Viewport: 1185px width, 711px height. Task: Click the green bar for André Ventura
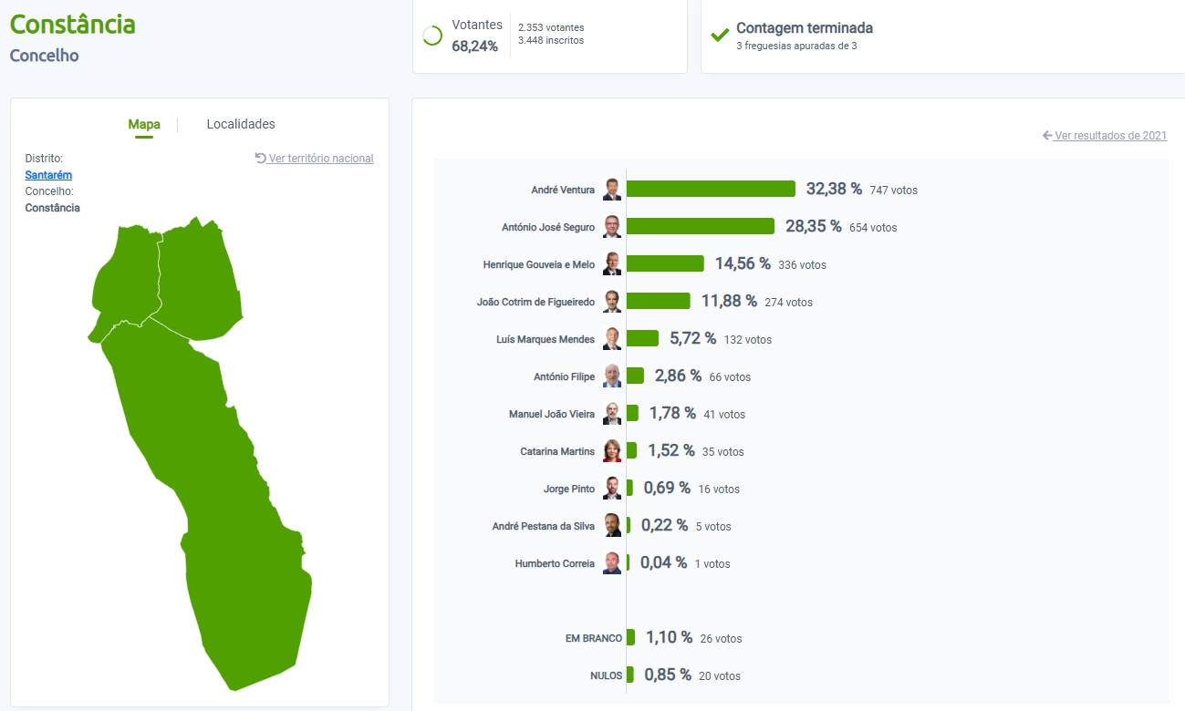click(x=711, y=189)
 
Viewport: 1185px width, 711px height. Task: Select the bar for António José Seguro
click(x=700, y=226)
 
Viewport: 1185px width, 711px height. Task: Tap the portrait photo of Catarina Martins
click(x=612, y=451)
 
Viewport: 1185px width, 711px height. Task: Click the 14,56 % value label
click(x=743, y=263)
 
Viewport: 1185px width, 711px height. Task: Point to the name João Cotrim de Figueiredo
click(x=535, y=302)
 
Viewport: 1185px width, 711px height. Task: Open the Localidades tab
click(x=241, y=124)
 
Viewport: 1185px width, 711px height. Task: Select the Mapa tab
click(x=144, y=124)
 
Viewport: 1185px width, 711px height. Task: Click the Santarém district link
click(x=48, y=175)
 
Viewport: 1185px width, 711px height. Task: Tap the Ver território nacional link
click(x=315, y=159)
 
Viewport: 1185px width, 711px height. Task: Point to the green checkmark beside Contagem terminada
click(x=720, y=36)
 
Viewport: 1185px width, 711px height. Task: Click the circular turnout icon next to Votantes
click(x=432, y=36)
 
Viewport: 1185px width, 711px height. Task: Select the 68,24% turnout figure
click(x=475, y=46)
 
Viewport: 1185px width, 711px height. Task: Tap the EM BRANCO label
click(x=594, y=638)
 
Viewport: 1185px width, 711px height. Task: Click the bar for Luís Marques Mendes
click(x=642, y=338)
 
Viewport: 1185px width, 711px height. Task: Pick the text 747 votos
click(x=894, y=191)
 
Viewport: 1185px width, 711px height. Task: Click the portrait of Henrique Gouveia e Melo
click(x=612, y=263)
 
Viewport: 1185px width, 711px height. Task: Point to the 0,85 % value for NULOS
click(x=667, y=675)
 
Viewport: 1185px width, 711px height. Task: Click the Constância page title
click(x=73, y=24)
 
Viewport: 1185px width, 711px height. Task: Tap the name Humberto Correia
click(x=555, y=563)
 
